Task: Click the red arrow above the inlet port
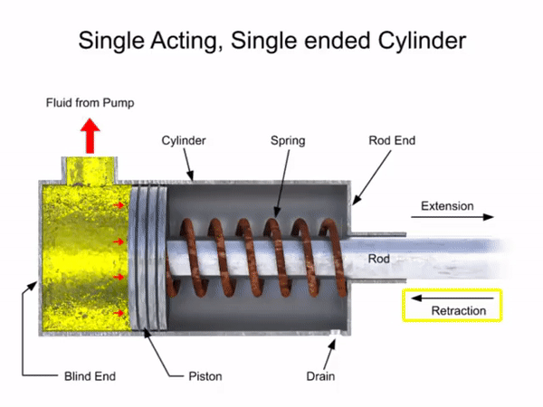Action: click(90, 135)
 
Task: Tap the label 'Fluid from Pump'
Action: click(90, 103)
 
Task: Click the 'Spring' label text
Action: click(288, 141)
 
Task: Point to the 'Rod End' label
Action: click(392, 141)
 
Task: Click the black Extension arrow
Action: click(457, 218)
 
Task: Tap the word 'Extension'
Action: click(447, 206)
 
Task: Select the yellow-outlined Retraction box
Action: click(450, 306)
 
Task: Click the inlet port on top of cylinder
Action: click(90, 168)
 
